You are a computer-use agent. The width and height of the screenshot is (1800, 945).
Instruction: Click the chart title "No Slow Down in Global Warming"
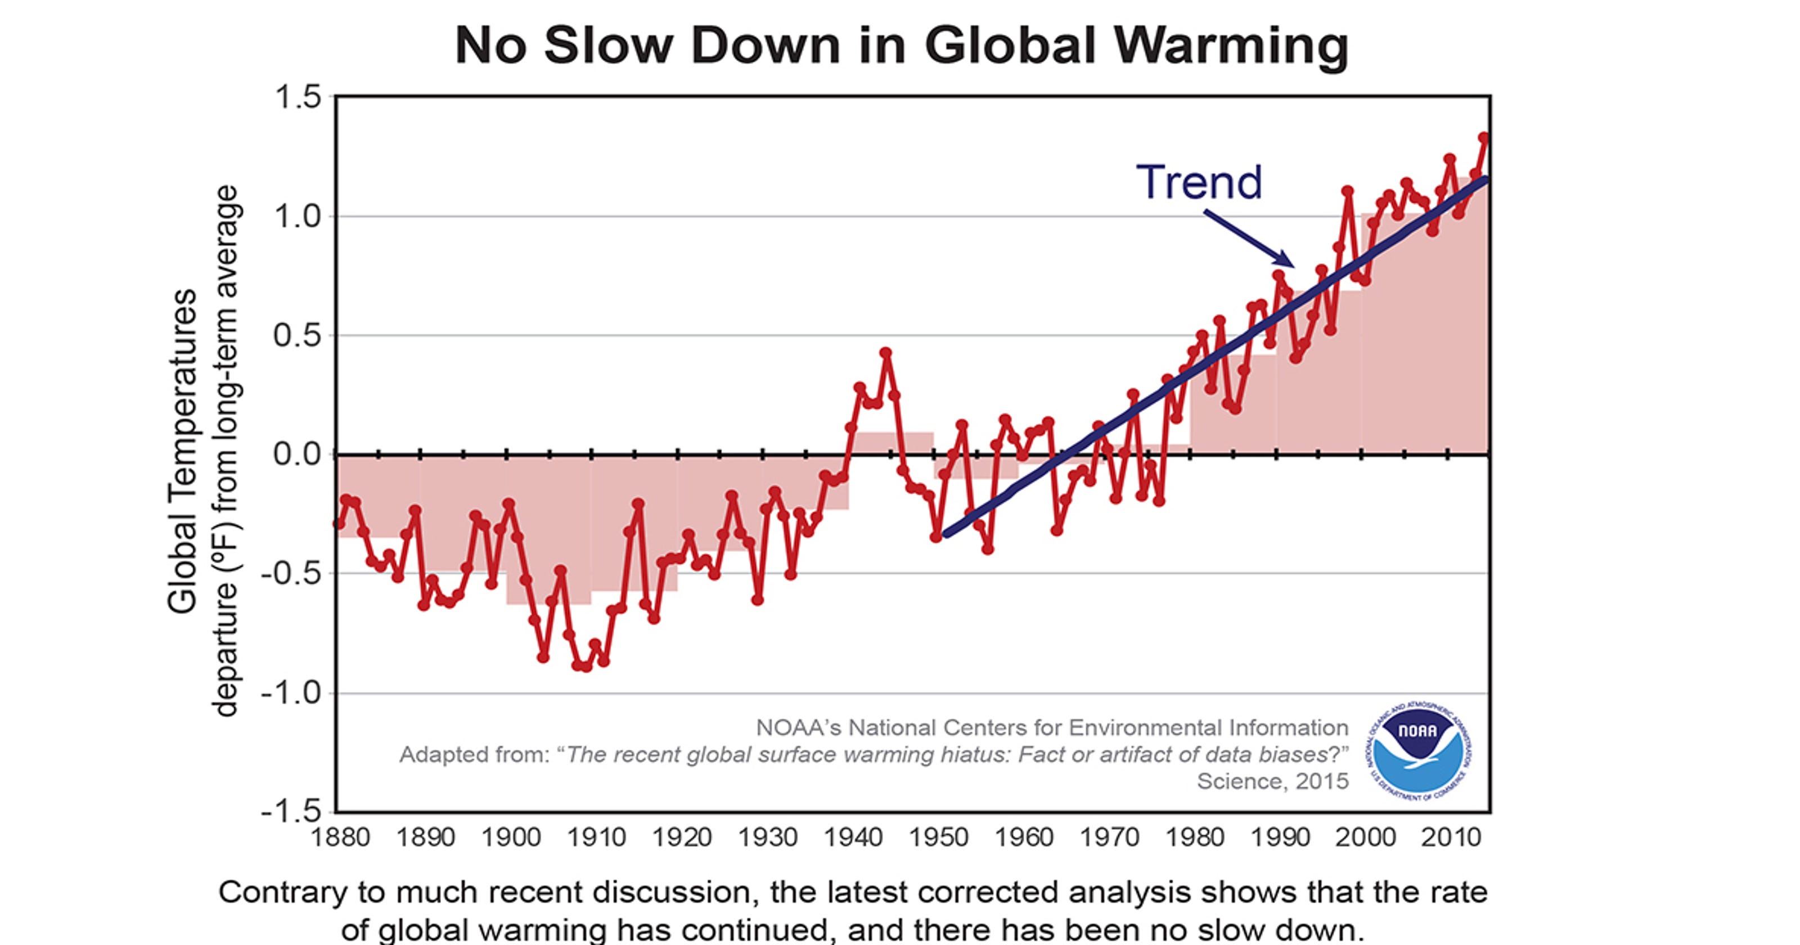tap(901, 46)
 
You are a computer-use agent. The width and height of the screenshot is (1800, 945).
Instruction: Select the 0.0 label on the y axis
tap(298, 454)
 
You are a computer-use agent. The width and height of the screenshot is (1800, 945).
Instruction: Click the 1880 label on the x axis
tap(340, 836)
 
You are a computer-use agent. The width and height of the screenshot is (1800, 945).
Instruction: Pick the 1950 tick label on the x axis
tap(938, 836)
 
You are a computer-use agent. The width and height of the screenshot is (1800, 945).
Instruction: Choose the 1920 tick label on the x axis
tap(681, 836)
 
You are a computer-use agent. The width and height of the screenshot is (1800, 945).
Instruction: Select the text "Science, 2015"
tap(1272, 781)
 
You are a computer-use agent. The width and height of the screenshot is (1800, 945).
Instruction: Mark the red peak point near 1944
tap(886, 353)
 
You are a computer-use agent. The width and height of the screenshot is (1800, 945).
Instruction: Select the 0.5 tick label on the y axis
tap(298, 335)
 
